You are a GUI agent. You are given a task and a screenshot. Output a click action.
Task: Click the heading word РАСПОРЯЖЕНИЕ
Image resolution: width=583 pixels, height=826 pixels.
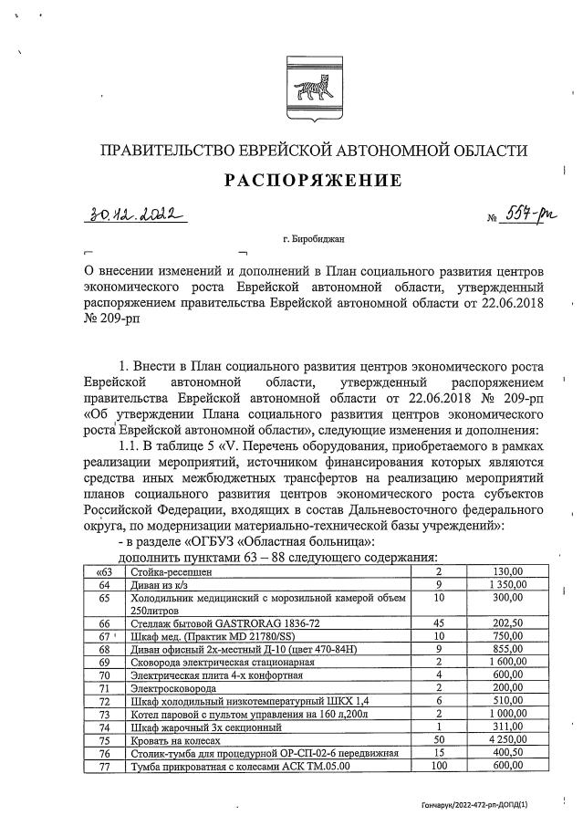[313, 181]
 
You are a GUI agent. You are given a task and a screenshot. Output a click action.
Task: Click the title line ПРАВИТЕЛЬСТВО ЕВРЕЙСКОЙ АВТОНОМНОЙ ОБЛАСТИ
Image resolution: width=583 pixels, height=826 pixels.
[313, 150]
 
